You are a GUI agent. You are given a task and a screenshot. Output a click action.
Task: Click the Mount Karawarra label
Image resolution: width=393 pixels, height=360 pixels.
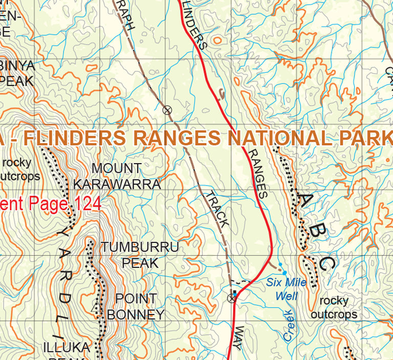117,176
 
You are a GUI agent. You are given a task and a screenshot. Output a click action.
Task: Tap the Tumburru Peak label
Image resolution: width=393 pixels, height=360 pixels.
140,255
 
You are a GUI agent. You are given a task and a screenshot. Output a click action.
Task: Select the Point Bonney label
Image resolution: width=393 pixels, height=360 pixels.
136,306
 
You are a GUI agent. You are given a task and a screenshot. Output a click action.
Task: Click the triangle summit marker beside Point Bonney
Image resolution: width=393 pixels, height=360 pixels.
95,308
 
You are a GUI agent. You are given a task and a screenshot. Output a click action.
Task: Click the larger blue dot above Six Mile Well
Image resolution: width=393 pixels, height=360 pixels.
280,264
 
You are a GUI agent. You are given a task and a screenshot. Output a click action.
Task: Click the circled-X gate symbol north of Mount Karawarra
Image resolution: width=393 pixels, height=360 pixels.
166,109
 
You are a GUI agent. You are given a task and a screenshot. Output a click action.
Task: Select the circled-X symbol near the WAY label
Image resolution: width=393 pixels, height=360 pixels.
232,298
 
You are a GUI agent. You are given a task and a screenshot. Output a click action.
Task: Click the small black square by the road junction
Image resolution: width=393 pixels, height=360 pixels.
235,292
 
